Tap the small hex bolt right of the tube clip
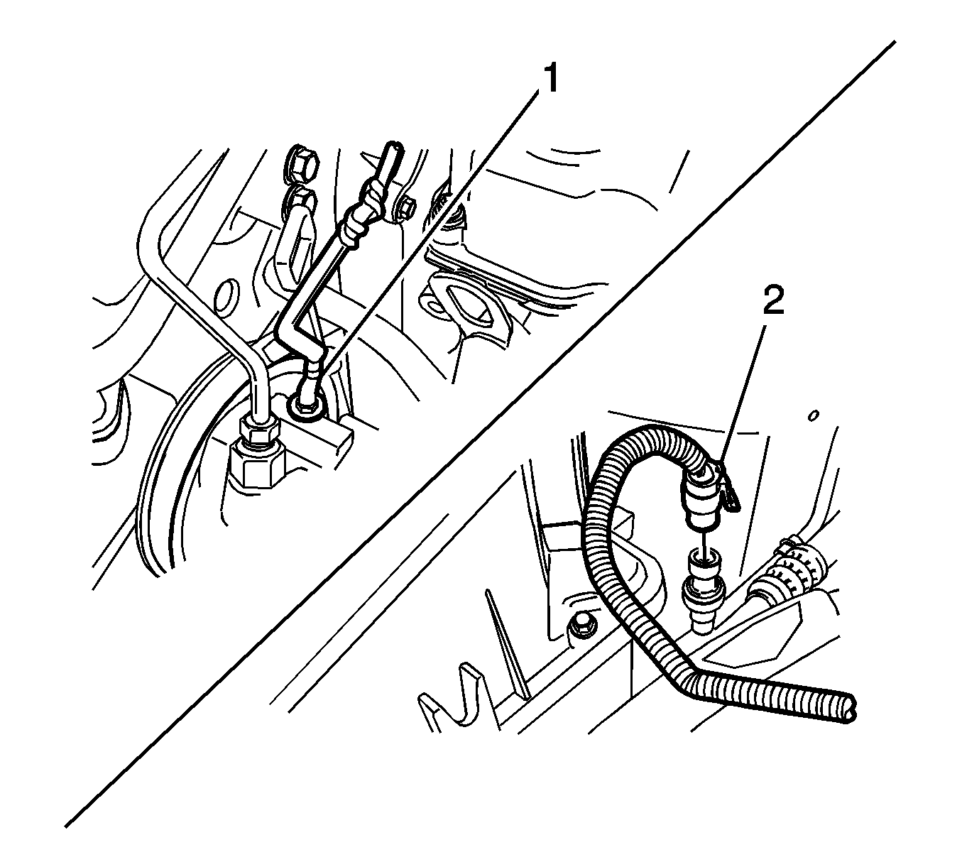pyautogui.click(x=408, y=211)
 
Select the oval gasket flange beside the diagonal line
pyautogui.click(x=457, y=307)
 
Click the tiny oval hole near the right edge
pyautogui.click(x=813, y=415)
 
